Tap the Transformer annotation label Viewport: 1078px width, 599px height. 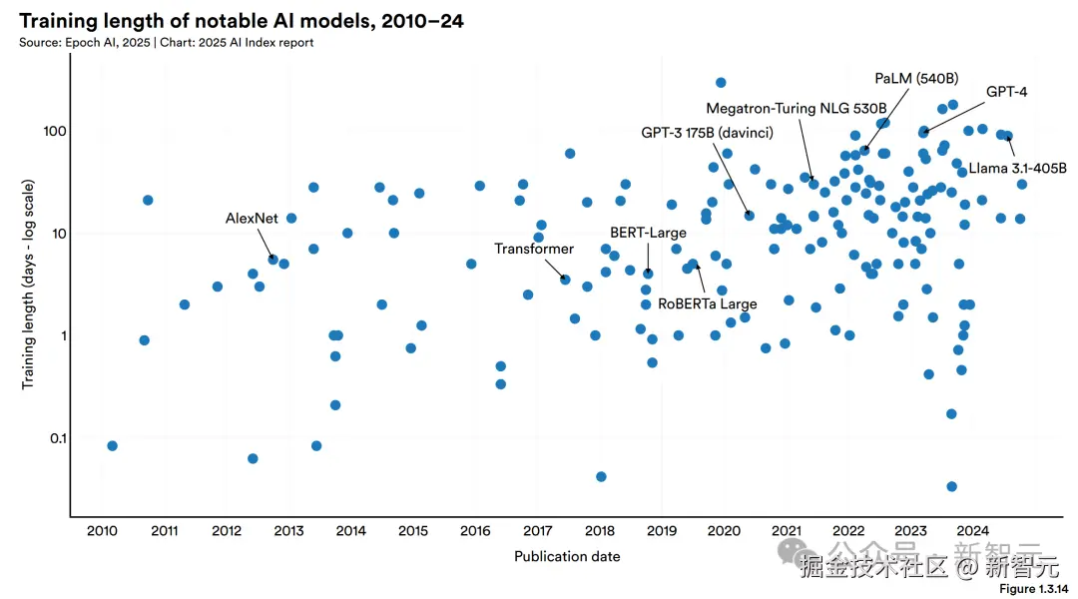coord(534,249)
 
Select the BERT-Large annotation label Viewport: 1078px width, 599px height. coord(648,233)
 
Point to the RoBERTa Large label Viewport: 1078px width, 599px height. coord(708,303)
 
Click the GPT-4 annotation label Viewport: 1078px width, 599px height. coord(1006,92)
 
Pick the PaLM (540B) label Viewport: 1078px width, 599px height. coord(916,79)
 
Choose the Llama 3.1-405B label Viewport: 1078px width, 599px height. coord(1017,168)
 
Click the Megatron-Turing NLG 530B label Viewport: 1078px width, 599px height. coord(796,108)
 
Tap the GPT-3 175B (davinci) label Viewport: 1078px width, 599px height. coord(707,132)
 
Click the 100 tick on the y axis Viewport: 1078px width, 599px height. coord(53,132)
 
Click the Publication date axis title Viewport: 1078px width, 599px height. coord(567,556)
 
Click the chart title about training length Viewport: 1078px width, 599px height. coord(241,20)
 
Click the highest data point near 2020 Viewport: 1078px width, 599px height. coord(721,83)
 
